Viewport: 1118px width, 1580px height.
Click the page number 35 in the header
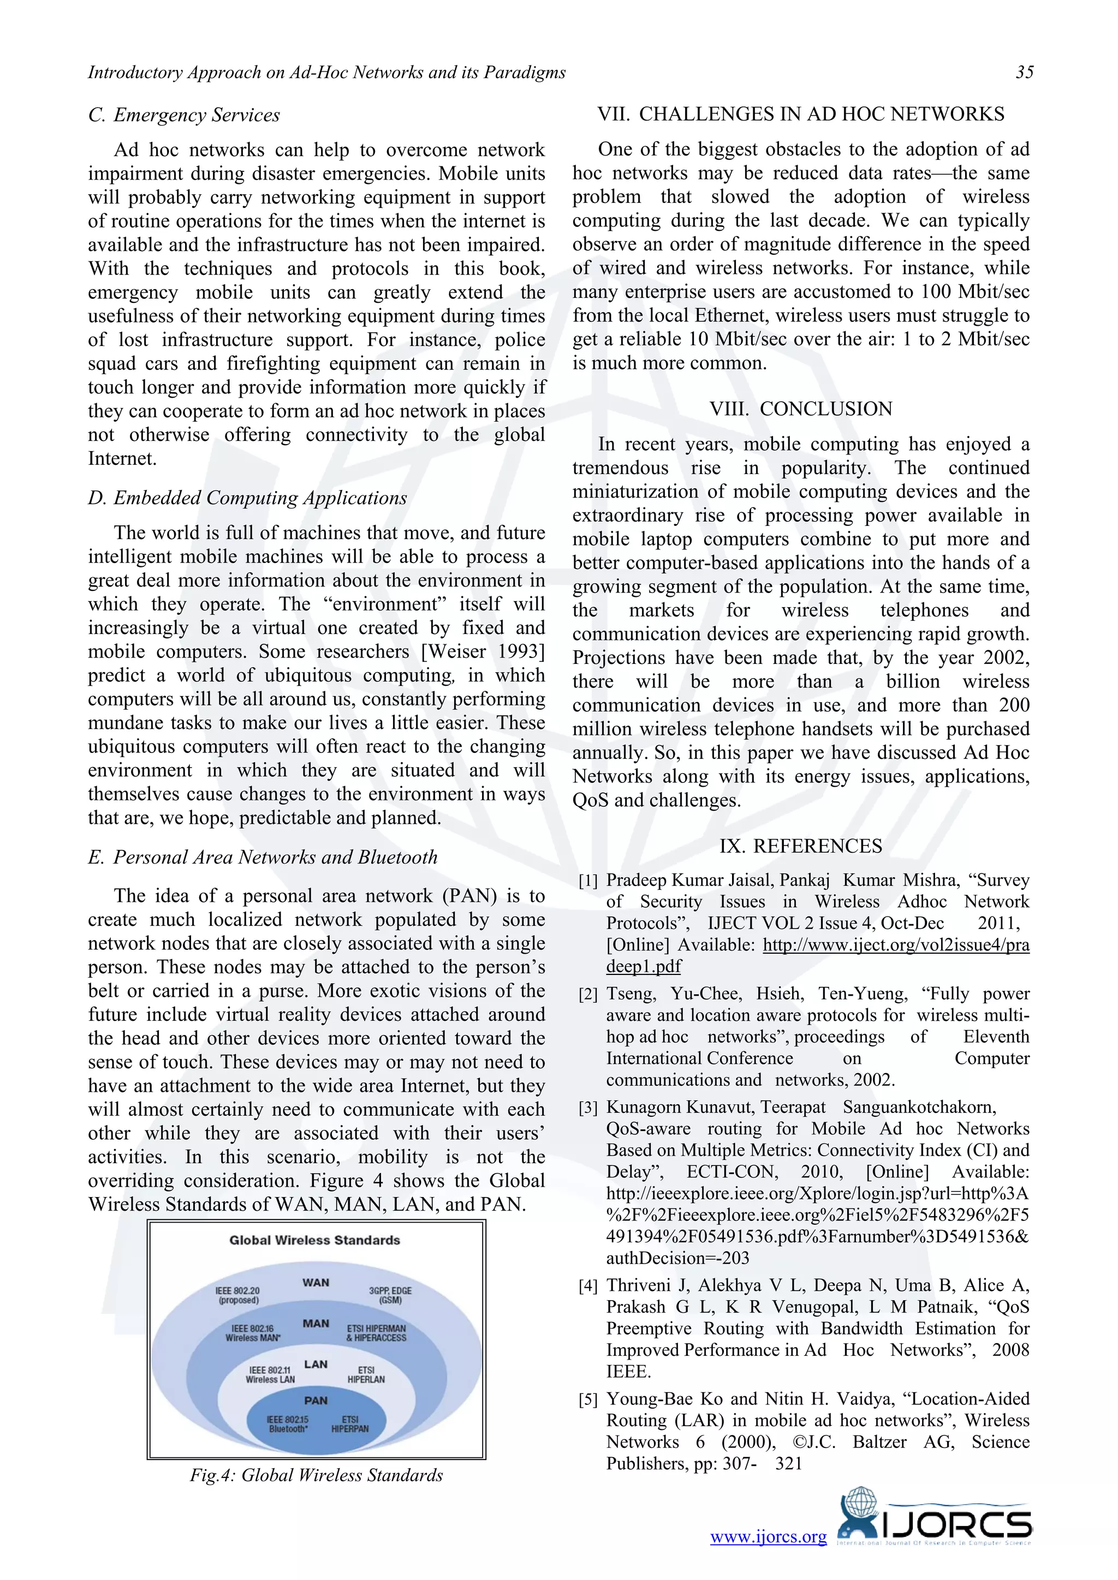1024,72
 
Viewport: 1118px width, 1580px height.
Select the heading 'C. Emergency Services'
184,115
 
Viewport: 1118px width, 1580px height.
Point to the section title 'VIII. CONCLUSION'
801,409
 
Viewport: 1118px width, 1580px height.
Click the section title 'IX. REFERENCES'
801,846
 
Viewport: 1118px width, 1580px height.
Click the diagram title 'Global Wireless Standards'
314,1240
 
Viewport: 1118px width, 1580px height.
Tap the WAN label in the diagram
316,1282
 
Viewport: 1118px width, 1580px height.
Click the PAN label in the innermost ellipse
316,1401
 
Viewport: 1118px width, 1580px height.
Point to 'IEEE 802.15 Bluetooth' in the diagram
288,1424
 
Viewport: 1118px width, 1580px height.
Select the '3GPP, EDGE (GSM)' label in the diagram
390,1295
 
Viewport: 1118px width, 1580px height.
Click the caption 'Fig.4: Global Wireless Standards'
316,1475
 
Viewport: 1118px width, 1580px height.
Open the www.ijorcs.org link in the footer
768,1537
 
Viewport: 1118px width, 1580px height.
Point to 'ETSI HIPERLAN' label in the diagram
366,1374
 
